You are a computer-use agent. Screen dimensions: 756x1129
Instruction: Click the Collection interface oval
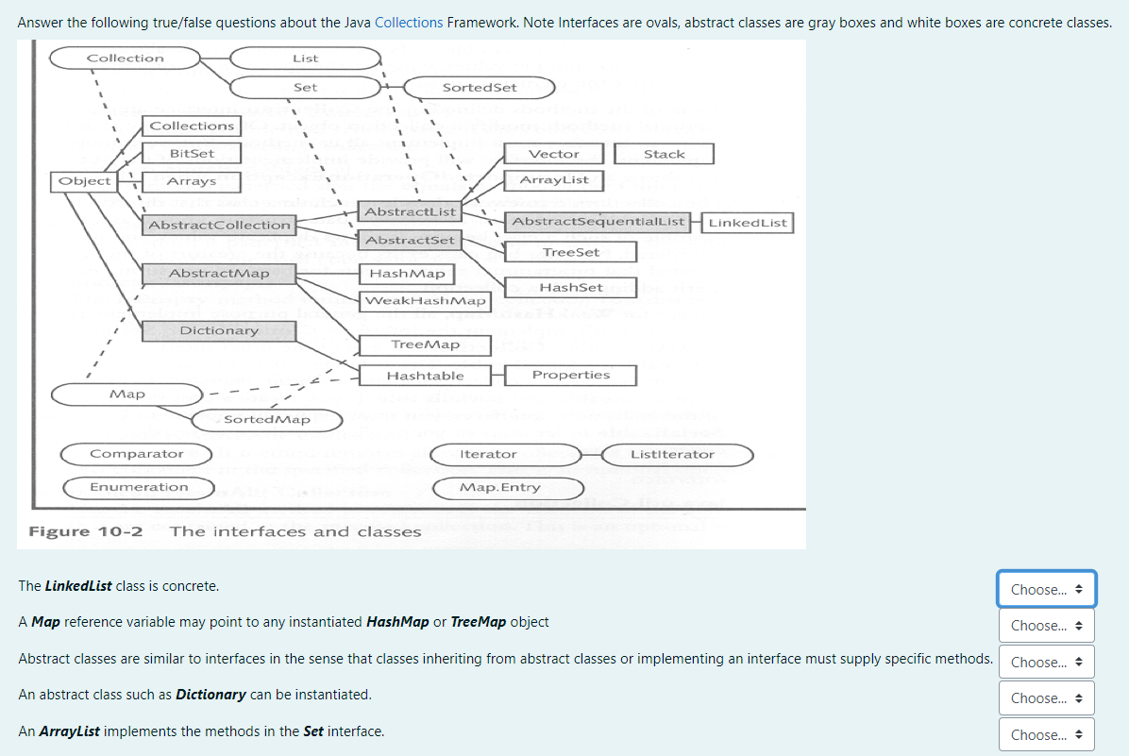125,59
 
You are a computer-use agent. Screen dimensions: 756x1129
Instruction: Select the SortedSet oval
480,88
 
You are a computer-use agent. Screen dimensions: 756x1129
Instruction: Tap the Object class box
85,181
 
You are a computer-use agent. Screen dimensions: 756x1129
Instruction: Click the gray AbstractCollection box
219,225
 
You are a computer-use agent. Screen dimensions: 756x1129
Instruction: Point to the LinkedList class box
747,223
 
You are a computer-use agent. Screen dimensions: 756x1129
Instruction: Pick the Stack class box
664,154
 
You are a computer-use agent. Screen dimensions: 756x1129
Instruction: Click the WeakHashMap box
425,301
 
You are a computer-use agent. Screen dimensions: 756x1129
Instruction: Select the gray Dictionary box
219,331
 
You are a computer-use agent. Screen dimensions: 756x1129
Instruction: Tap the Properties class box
570,376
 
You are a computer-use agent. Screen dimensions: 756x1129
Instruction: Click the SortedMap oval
267,419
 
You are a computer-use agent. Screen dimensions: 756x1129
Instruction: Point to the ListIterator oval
672,455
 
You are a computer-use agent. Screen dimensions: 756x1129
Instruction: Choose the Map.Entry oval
499,488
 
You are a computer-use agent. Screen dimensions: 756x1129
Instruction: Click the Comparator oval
136,455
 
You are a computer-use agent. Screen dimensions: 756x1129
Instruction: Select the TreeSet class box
570,252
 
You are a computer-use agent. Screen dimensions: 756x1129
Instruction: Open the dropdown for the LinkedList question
1047,590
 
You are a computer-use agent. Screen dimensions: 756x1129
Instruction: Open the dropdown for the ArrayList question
1047,735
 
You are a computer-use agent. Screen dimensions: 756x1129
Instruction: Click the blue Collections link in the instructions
409,22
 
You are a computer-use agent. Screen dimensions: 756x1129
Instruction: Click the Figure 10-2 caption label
86,531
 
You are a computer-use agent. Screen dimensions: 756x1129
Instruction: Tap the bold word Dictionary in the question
211,695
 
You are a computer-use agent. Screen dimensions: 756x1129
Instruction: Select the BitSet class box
192,153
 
